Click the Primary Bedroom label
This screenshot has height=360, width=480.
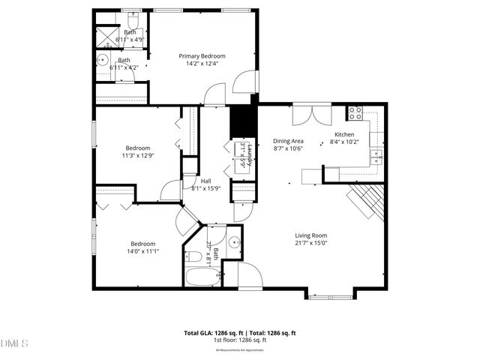(x=202, y=55)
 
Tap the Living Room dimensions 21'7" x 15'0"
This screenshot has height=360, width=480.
(x=310, y=242)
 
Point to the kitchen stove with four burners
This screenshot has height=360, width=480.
(x=355, y=113)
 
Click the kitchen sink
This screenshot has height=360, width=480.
(x=377, y=156)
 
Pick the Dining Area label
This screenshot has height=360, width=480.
(x=287, y=141)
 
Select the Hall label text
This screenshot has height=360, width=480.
(x=205, y=181)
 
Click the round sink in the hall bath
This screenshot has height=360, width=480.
(x=235, y=242)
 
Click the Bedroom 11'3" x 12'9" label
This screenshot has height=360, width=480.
(x=138, y=148)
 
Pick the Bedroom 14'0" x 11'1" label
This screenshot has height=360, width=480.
(x=142, y=244)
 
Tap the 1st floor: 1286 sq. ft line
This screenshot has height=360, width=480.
(x=240, y=340)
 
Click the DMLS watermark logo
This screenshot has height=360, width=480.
(x=14, y=343)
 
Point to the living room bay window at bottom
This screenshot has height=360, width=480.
(x=330, y=296)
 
